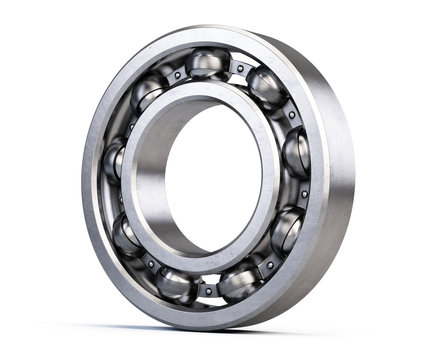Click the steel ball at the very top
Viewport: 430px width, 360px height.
pos(207,64)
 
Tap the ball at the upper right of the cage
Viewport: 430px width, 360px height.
pos(265,87)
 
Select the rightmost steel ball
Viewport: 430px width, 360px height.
pos(296,152)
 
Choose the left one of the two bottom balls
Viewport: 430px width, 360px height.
pos(176,284)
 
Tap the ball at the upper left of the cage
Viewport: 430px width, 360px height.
pos(146,94)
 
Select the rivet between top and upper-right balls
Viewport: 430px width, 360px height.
pos(240,68)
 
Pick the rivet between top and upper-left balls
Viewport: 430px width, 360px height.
pos(175,74)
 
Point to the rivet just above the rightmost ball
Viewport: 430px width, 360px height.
pos(290,115)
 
